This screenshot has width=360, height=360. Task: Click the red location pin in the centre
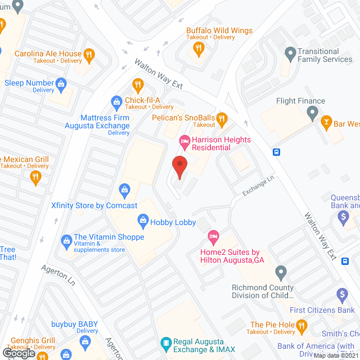click(x=179, y=167)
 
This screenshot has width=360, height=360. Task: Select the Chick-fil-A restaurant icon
click(x=137, y=85)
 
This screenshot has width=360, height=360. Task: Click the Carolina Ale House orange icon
click(x=88, y=55)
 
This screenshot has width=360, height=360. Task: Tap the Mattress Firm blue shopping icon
click(x=116, y=102)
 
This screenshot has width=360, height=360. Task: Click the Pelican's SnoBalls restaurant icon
click(x=222, y=118)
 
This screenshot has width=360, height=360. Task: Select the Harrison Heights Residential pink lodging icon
click(x=183, y=140)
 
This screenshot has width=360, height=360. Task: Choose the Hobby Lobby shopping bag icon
click(x=142, y=222)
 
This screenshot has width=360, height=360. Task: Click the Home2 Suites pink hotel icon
click(x=213, y=235)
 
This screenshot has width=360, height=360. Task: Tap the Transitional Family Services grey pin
click(x=290, y=54)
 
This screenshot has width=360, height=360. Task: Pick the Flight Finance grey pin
click(x=313, y=113)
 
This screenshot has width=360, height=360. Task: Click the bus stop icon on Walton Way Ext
click(x=276, y=152)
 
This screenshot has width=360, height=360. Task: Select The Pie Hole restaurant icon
click(x=302, y=325)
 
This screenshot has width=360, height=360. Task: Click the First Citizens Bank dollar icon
click(x=341, y=295)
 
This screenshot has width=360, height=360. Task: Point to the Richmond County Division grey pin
click(x=281, y=274)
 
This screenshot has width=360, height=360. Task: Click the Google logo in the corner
click(x=19, y=353)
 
